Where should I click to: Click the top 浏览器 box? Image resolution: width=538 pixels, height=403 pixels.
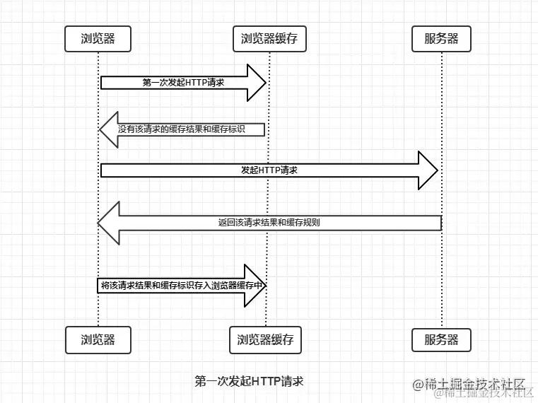[98, 39]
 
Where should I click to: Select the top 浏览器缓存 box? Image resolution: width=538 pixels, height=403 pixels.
[269, 39]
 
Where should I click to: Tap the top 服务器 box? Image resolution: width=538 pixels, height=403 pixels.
[441, 39]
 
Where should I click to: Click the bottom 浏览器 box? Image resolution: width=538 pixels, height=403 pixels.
[98, 340]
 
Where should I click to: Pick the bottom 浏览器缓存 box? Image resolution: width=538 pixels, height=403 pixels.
[266, 340]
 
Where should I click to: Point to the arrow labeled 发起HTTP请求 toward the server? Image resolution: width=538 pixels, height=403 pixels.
[269, 170]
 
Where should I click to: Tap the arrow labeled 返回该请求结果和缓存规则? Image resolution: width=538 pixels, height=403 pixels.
[269, 223]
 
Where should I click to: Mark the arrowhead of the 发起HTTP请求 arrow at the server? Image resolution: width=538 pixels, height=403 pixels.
[428, 170]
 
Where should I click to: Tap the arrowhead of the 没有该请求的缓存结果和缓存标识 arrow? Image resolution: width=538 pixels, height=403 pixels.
[108, 129]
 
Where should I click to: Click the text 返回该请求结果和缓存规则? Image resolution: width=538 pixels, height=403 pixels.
[269, 223]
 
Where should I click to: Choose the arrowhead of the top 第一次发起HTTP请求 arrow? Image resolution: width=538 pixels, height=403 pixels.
[256, 83]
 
